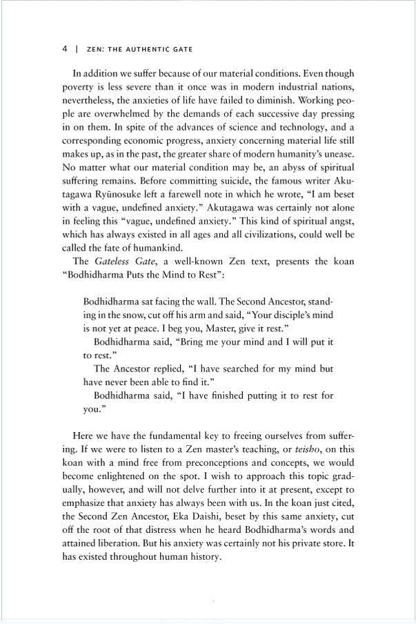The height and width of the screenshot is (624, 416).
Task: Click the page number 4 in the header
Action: point(64,50)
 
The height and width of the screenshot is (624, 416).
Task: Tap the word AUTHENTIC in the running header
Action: point(135,50)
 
